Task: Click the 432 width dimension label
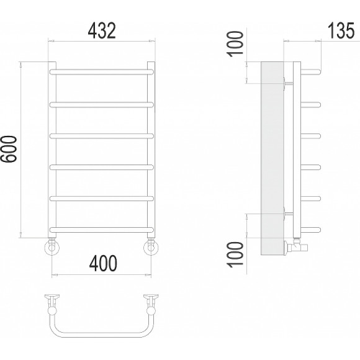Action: coord(102,30)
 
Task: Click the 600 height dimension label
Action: coord(9,149)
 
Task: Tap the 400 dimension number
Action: coord(103,263)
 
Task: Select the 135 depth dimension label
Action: coord(341,30)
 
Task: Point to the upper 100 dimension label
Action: coord(235,44)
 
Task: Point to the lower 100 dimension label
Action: coord(235,254)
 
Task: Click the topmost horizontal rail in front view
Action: coord(101,72)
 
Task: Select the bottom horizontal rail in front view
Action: coord(101,230)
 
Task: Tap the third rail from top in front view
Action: coord(101,136)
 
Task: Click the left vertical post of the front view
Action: coord(53,150)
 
